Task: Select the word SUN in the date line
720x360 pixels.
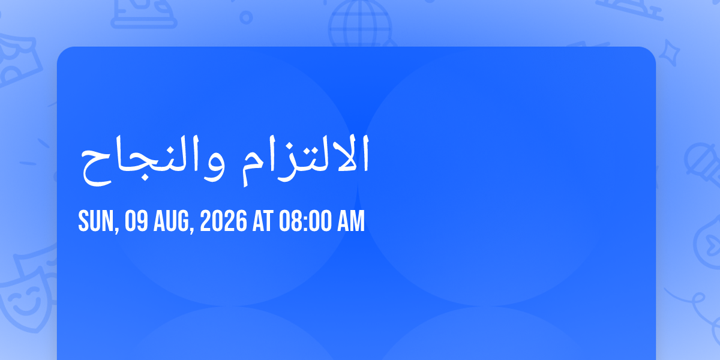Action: [96, 221]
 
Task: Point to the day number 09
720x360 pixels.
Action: [136, 221]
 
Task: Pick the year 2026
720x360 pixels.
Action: [223, 221]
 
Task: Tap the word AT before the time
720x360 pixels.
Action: [263, 221]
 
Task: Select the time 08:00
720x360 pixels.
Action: [305, 221]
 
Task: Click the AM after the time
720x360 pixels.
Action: [351, 221]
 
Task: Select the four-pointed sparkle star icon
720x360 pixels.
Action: [670, 53]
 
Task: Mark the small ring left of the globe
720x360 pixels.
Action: [246, 17]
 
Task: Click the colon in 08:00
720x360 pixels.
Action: [305, 222]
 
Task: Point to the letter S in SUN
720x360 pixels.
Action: [83, 221]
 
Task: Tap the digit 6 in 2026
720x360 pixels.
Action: [241, 221]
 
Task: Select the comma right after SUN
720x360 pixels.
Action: [117, 229]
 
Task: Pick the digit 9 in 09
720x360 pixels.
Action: [142, 221]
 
